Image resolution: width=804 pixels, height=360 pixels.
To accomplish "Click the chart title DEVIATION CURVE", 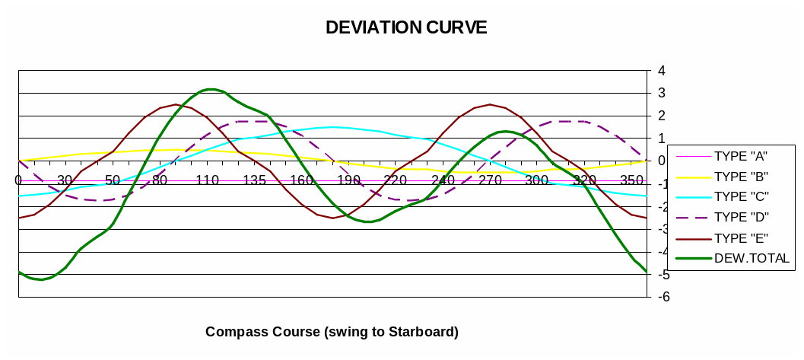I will (x=406, y=27).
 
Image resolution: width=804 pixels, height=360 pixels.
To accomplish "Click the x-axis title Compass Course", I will (x=332, y=332).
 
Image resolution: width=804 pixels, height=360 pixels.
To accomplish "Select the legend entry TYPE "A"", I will (x=741, y=156).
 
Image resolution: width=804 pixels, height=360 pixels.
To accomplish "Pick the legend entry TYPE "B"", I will (x=741, y=177).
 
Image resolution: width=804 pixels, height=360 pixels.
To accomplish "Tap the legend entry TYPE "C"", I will (x=741, y=197).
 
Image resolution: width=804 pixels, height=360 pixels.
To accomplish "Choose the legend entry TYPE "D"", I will (x=741, y=218).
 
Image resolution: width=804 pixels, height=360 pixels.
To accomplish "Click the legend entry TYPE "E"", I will (x=741, y=238).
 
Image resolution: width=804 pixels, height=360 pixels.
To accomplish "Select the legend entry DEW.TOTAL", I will (x=752, y=259).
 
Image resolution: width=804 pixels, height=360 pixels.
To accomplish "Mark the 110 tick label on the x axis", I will (x=207, y=180).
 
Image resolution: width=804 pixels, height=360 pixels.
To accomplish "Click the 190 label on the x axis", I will (x=348, y=180).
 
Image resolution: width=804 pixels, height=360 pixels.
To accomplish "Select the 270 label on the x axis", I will (x=490, y=180).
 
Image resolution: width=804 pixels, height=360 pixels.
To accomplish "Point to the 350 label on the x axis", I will (x=631, y=180).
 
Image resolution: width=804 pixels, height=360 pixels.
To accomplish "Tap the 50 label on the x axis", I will (x=113, y=180).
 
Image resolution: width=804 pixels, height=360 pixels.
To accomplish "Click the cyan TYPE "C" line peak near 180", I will (x=332, y=127).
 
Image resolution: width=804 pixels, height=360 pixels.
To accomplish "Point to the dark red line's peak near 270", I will (x=490, y=104).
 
